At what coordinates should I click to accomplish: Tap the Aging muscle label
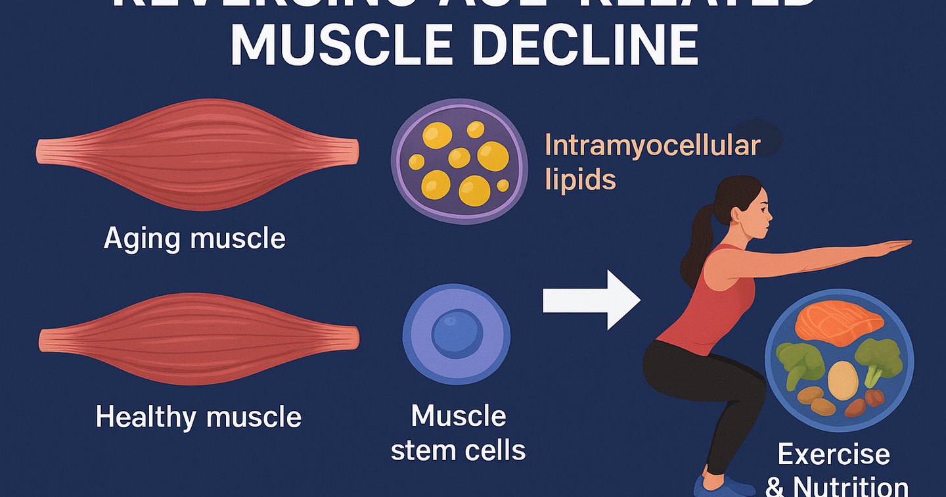pyautogui.click(x=194, y=238)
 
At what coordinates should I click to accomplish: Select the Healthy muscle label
pyautogui.click(x=198, y=417)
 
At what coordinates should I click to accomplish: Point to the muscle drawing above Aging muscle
pyautogui.click(x=197, y=154)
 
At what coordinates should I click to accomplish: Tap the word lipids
pyautogui.click(x=580, y=179)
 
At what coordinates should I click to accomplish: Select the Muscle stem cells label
pyautogui.click(x=458, y=433)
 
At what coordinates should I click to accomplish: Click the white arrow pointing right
pyautogui.click(x=591, y=300)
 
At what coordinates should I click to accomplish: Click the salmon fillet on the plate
pyautogui.click(x=838, y=322)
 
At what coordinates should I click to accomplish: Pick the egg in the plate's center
pyautogui.click(x=843, y=381)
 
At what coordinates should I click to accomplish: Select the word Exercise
pyautogui.click(x=834, y=454)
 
